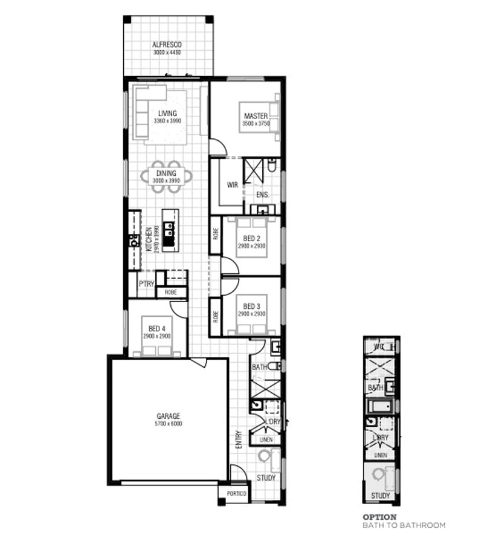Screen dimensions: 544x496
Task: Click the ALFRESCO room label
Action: (x=167, y=45)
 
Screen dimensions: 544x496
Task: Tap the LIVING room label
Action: (x=167, y=113)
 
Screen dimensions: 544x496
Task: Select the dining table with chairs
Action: (x=167, y=176)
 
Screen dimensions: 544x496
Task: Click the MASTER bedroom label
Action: (x=255, y=116)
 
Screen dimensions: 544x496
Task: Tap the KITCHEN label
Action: (x=149, y=239)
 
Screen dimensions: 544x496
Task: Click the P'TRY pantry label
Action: (x=146, y=284)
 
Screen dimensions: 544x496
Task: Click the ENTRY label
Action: (x=239, y=439)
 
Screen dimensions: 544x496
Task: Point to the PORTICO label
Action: (x=237, y=494)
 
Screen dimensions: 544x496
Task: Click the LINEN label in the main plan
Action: (x=266, y=440)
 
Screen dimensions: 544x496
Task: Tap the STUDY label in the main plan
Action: (x=266, y=478)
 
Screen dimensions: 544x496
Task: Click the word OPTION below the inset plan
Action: (x=379, y=517)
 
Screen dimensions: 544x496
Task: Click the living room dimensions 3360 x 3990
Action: (x=167, y=121)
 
